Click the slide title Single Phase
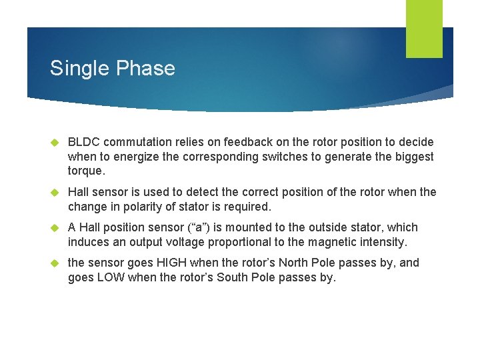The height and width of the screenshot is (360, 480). click(x=112, y=69)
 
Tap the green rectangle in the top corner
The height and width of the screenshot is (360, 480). click(x=424, y=28)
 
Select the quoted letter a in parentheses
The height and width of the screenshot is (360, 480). click(x=208, y=227)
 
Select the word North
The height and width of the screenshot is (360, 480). click(x=295, y=263)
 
